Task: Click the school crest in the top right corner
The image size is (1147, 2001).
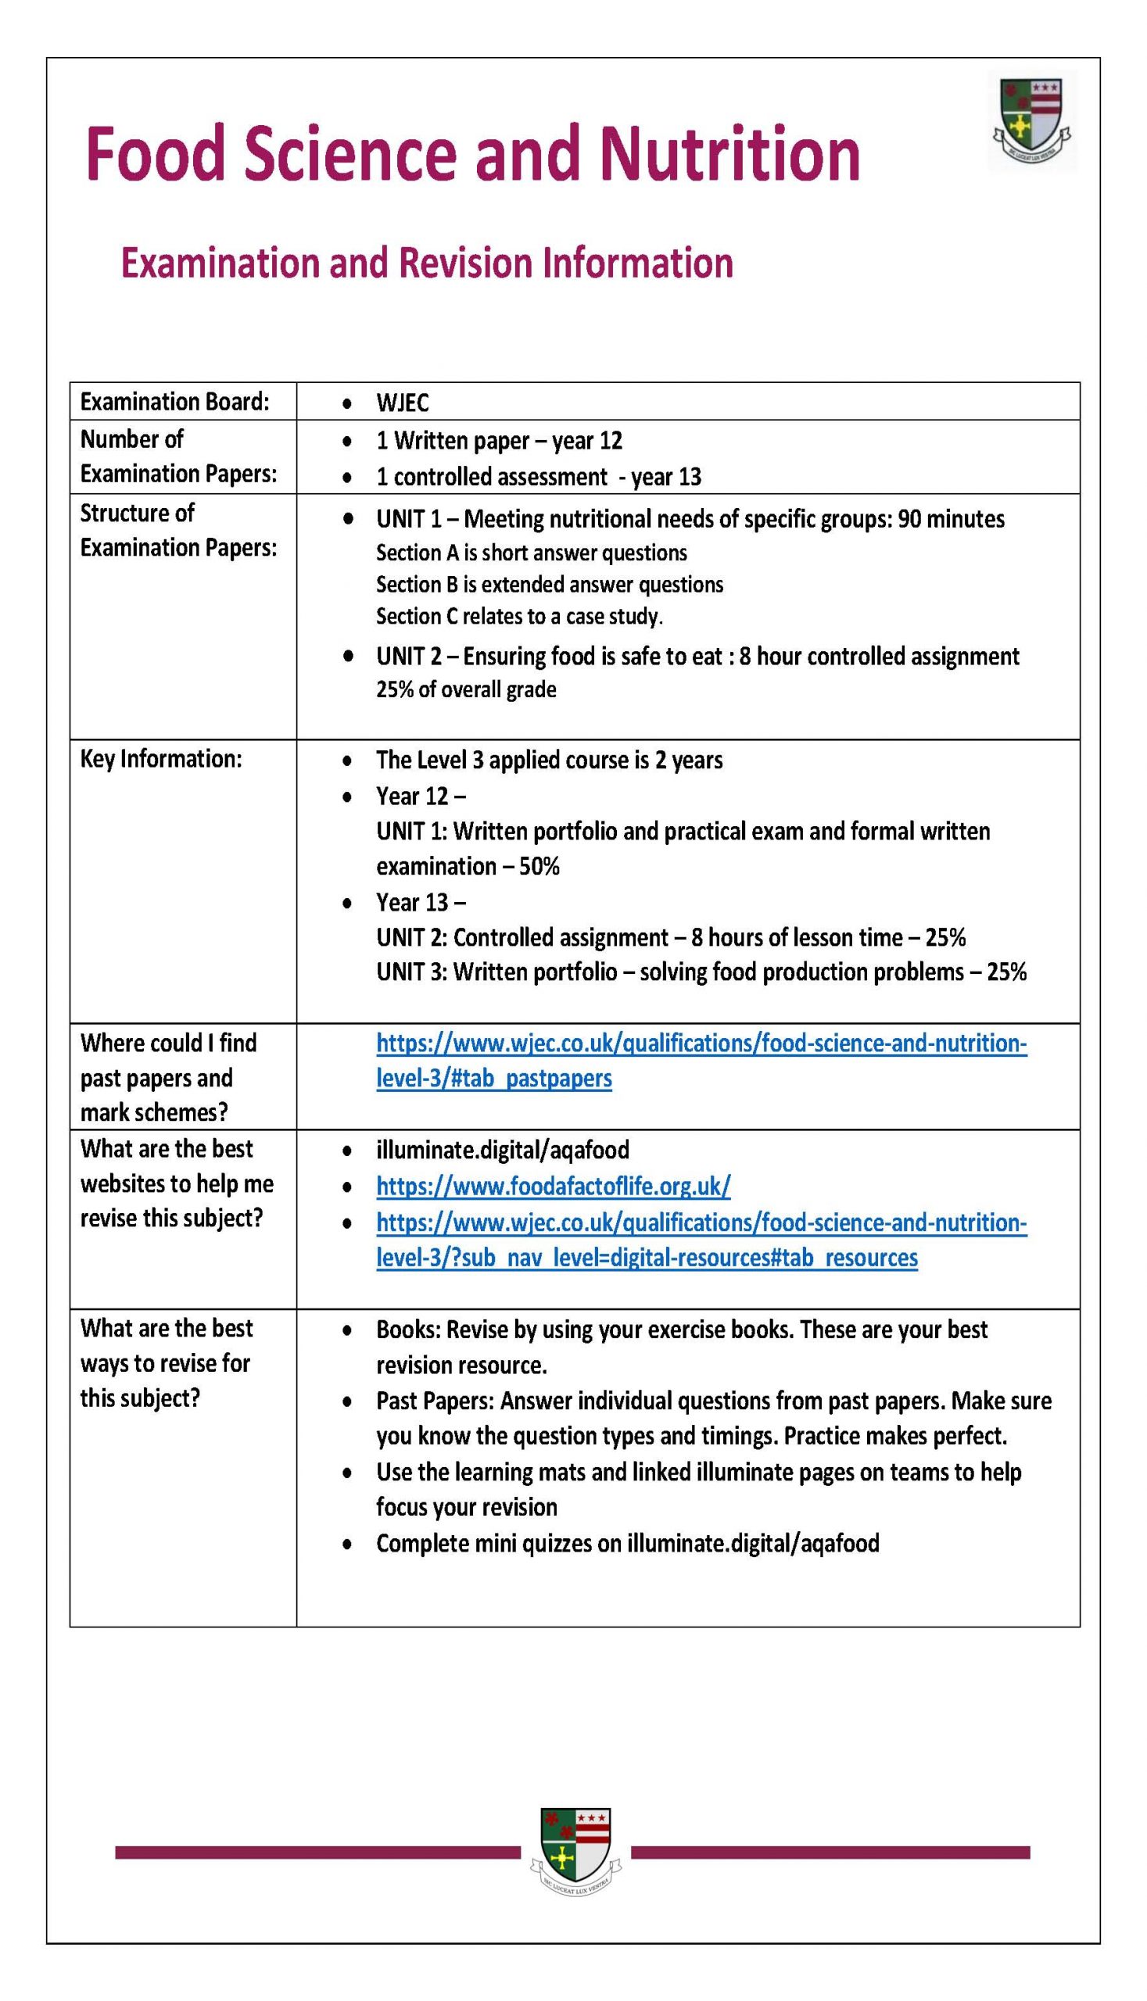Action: click(x=1034, y=120)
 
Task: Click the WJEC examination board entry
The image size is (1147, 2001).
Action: click(x=403, y=403)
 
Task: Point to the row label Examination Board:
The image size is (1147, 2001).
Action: click(x=174, y=402)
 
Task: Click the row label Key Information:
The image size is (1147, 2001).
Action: click(x=161, y=759)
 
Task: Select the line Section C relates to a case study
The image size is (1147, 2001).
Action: click(x=519, y=616)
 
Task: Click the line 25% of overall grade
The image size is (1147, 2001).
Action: click(x=465, y=690)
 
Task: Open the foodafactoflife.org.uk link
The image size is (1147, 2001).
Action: click(x=553, y=1186)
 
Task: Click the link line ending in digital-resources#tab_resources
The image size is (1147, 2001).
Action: click(x=646, y=1258)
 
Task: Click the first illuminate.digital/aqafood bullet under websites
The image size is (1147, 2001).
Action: click(x=502, y=1151)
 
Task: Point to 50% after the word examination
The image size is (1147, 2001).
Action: click(x=539, y=866)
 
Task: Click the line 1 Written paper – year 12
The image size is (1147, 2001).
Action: click(x=499, y=441)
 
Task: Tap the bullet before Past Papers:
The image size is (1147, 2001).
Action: click(x=347, y=1402)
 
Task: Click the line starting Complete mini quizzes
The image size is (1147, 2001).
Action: click(x=627, y=1544)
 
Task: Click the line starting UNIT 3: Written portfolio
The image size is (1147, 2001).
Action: click(x=701, y=972)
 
